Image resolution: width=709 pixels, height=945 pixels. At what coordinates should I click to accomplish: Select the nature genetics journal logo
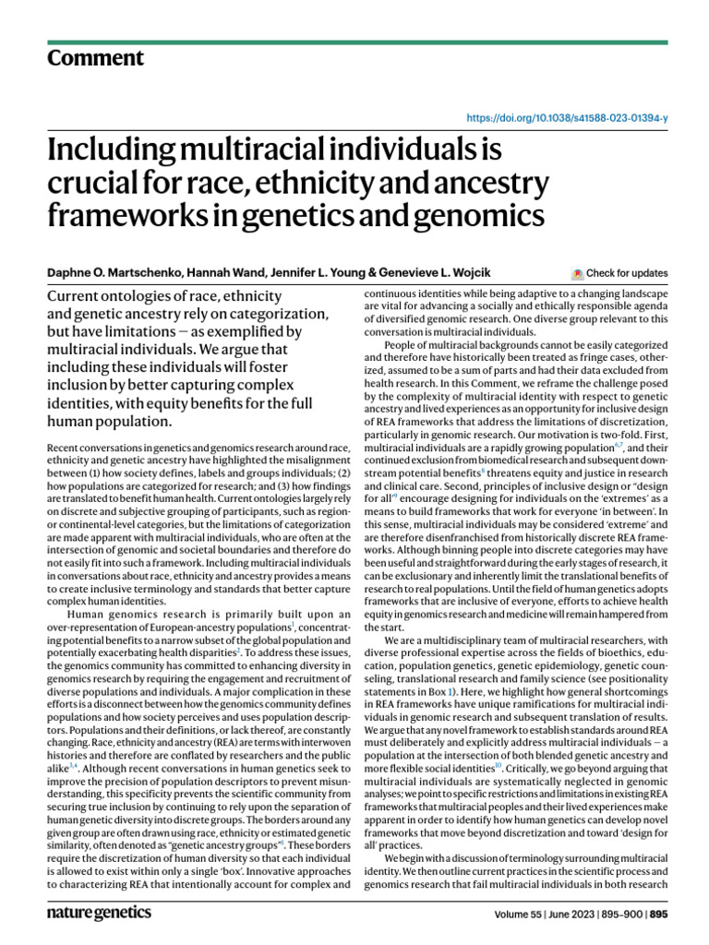click(x=99, y=912)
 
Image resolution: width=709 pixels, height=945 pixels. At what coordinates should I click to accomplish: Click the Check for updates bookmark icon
click(x=578, y=273)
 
